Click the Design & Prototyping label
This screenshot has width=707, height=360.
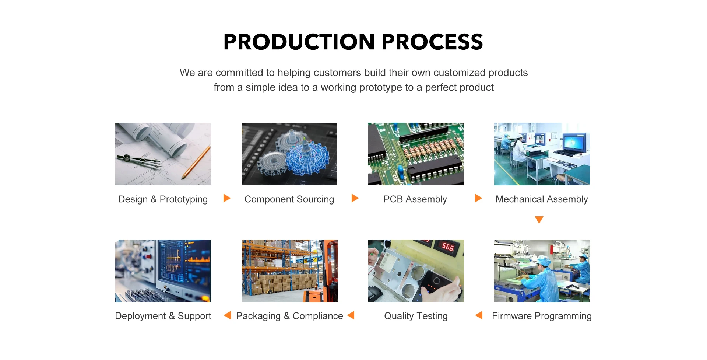point(163,199)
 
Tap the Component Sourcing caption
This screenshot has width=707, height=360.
point(289,199)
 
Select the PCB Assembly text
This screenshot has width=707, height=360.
point(415,199)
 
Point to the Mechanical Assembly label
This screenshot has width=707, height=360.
point(542,199)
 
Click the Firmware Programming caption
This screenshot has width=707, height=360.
point(542,316)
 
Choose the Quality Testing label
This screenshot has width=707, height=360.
point(416,316)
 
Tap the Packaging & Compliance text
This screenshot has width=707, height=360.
point(289,316)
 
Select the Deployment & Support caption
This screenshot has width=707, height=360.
point(163,316)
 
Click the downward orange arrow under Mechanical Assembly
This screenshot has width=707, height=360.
point(539,220)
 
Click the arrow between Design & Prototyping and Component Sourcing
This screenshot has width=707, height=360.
point(227,198)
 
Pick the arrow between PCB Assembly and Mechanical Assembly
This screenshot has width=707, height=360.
point(478,198)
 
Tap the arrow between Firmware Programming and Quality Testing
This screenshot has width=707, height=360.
point(479,315)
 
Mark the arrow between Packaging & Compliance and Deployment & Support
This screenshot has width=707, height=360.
point(227,315)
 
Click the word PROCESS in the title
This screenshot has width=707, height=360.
point(432,42)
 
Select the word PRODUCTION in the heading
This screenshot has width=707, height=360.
point(299,42)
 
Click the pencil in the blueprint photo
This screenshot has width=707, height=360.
point(197,162)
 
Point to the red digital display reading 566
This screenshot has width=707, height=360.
point(448,247)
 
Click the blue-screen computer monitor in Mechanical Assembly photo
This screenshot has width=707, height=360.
point(574,142)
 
